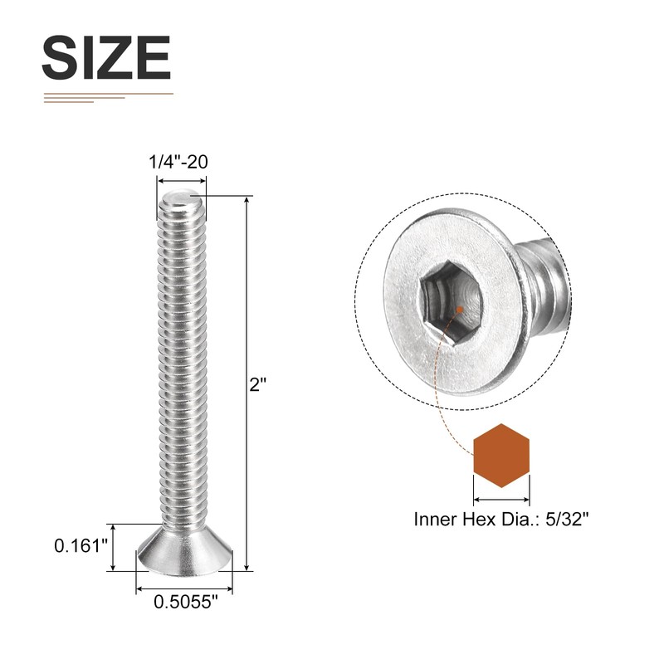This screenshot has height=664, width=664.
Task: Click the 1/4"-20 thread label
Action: (178, 163)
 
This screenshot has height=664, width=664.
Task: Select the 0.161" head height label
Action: (81, 546)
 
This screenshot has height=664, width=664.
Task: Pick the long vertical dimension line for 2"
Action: (247, 382)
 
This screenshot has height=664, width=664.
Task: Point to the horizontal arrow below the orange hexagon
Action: (501, 500)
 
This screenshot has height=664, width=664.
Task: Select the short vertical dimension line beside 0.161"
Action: (113, 547)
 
